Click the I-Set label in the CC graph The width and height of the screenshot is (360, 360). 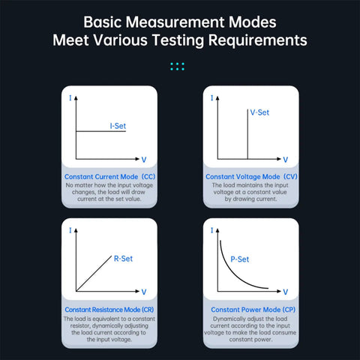(x=118, y=126)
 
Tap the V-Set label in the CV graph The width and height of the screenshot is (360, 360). (x=259, y=112)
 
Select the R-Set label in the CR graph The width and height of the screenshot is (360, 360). (x=123, y=259)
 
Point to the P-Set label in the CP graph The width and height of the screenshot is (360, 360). (x=240, y=259)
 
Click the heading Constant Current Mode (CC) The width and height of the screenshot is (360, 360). (x=109, y=176)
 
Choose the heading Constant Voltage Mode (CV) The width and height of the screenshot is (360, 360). (x=251, y=176)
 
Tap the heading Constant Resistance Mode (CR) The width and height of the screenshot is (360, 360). (x=109, y=310)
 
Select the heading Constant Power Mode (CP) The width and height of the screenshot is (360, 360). (x=253, y=310)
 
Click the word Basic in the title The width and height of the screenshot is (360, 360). (x=102, y=22)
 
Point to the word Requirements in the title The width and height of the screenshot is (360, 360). (x=258, y=40)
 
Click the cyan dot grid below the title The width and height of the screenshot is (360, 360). (x=177, y=67)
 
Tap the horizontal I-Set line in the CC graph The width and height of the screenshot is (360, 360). (x=100, y=131)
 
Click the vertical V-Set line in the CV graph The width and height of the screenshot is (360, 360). (x=247, y=133)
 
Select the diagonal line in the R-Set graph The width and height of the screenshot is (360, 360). (x=94, y=274)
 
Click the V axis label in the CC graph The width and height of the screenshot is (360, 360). (x=144, y=160)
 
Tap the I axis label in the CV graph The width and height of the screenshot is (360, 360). (x=212, y=97)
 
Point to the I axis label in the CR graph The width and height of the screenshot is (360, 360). (x=70, y=230)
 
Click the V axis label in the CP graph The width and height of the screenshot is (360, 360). (x=286, y=292)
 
